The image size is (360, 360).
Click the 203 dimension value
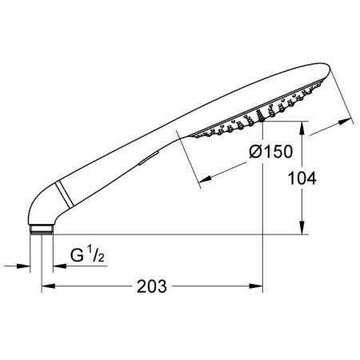pyautogui.click(x=152, y=286)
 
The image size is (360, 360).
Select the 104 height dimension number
pyautogui.click(x=302, y=178)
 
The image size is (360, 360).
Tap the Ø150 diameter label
pyautogui.click(x=271, y=151)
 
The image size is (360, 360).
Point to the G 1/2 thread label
pyautogui.click(x=87, y=254)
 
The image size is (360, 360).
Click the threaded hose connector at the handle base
pyautogui.click(x=42, y=229)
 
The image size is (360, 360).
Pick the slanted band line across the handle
pyautogui.click(x=64, y=194)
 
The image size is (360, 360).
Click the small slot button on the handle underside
pyautogui.click(x=149, y=158)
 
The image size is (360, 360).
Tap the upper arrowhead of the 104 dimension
pyautogui.click(x=302, y=128)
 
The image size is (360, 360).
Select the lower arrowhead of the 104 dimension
pyautogui.click(x=302, y=228)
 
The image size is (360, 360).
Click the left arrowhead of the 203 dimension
pyautogui.click(x=49, y=286)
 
